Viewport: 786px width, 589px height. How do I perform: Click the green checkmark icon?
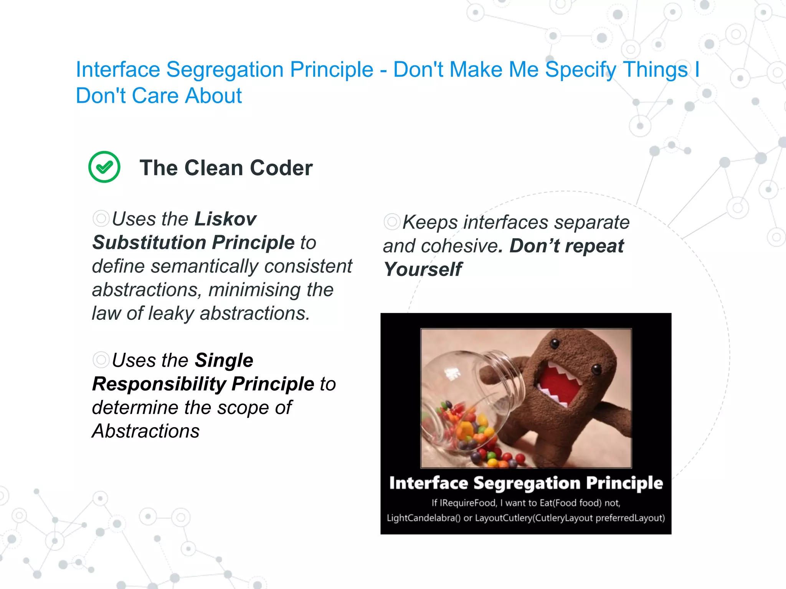[x=104, y=167]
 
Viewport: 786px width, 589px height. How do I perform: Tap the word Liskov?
[x=225, y=219]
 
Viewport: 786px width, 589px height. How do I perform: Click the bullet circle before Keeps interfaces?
[x=391, y=222]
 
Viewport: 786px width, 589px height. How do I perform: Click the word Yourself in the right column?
[x=423, y=269]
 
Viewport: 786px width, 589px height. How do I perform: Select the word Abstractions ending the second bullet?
[x=146, y=431]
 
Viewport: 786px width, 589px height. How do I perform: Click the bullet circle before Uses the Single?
[x=101, y=360]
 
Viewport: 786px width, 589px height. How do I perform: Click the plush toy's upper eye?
[x=554, y=344]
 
